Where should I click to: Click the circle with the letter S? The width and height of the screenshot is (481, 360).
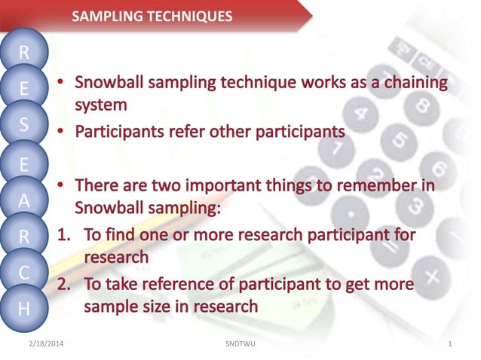click(24, 125)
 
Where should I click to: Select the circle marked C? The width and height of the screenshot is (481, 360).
click(24, 273)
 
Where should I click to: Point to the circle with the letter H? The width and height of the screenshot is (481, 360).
click(24, 308)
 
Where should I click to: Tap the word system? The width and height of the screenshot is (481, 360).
click(100, 105)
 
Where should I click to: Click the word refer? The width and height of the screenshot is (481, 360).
click(185, 131)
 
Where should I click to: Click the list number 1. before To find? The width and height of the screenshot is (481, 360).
click(66, 234)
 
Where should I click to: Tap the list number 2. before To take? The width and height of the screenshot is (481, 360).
click(66, 284)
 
